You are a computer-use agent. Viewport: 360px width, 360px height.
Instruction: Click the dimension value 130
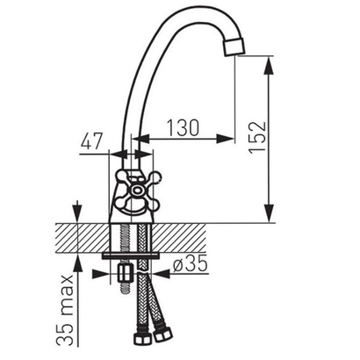183,128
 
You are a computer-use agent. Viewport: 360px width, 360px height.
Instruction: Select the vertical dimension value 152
257,137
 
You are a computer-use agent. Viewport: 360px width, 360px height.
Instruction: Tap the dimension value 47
92,141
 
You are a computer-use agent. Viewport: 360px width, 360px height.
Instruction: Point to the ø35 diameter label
190,263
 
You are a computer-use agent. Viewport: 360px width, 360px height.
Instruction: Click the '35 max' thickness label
64,310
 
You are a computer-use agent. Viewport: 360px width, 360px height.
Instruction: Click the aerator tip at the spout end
234,47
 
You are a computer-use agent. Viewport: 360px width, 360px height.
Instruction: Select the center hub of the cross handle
136,191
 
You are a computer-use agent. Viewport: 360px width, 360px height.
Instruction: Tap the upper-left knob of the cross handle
121,176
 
